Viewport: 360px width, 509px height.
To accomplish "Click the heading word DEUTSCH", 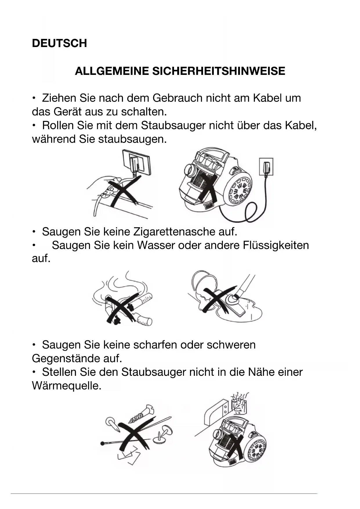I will (x=59, y=43).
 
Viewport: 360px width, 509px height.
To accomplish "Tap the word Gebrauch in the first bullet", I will (x=177, y=98).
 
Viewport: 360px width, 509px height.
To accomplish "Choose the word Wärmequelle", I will (x=66, y=386).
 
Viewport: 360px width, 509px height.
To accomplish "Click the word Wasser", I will (x=155, y=245).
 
